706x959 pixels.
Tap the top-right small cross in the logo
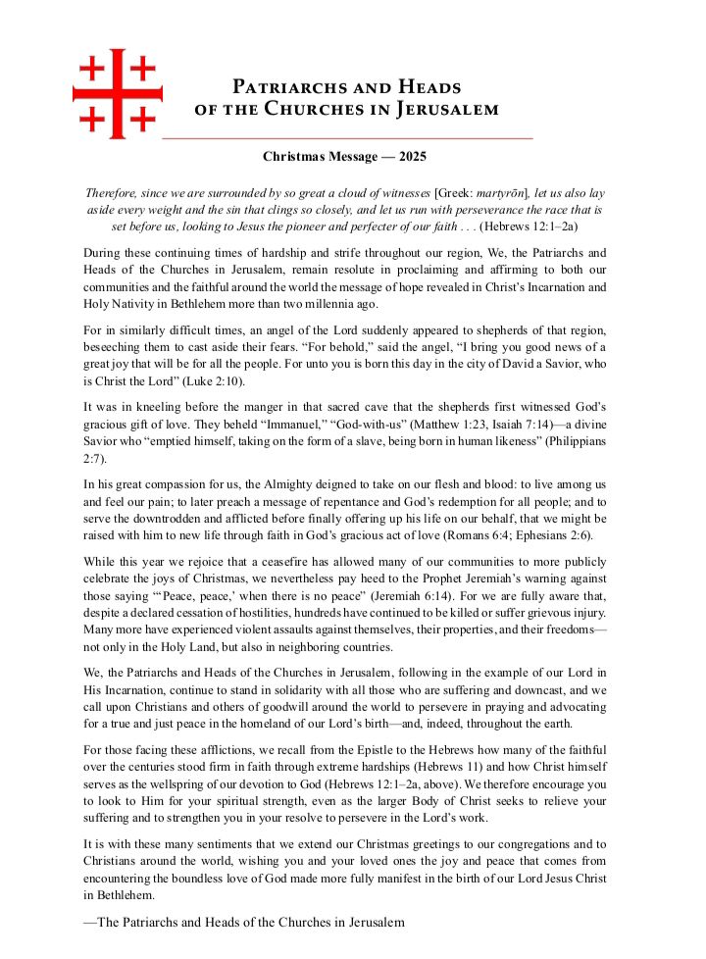click(143, 69)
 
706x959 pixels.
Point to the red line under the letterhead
click(347, 138)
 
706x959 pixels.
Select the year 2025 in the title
click(412, 156)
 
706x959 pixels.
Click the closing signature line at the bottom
click(244, 922)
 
